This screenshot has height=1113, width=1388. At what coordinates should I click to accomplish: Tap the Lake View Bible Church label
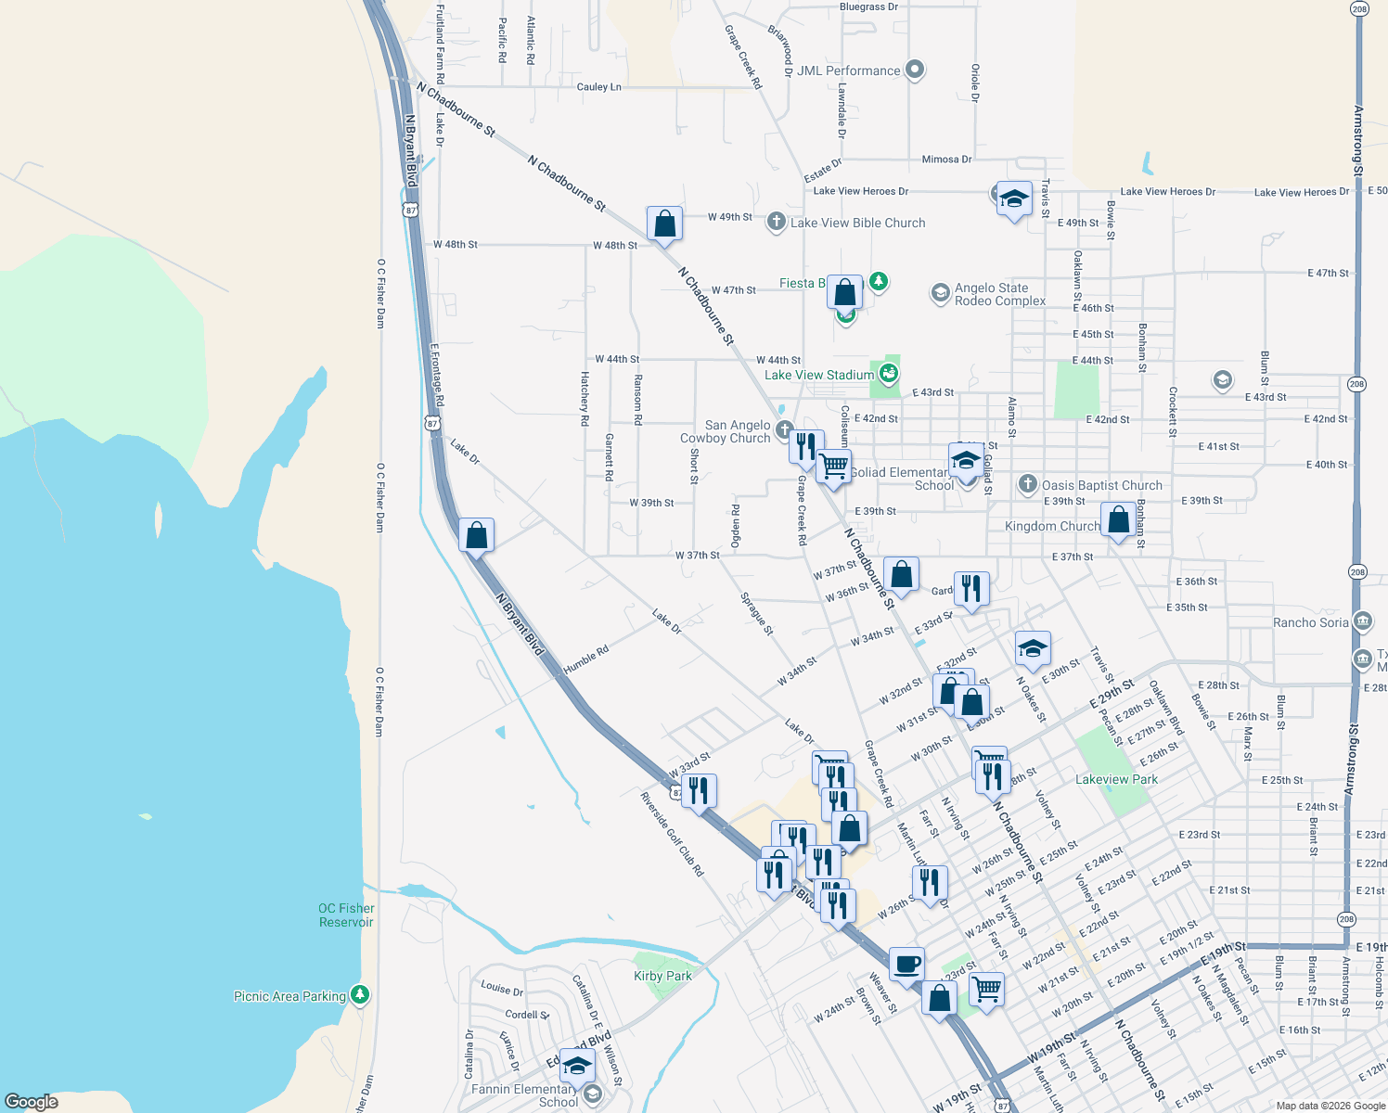click(857, 223)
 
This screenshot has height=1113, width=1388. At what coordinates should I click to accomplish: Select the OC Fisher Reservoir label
click(346, 915)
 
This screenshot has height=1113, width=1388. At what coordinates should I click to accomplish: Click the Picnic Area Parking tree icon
click(360, 995)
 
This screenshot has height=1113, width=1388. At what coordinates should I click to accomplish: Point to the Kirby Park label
click(662, 976)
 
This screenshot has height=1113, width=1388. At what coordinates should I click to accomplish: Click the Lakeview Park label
click(1116, 779)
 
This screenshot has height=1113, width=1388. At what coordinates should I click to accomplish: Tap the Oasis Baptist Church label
click(1101, 485)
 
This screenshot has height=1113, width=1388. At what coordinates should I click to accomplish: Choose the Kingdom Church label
click(1052, 526)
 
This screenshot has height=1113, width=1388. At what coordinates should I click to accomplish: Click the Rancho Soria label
click(1310, 622)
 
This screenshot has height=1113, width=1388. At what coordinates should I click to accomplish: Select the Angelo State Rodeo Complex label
click(999, 295)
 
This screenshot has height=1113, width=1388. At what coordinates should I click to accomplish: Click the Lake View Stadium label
click(819, 375)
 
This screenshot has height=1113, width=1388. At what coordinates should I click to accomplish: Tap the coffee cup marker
click(906, 965)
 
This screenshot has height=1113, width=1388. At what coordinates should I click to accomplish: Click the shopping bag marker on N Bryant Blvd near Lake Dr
click(476, 536)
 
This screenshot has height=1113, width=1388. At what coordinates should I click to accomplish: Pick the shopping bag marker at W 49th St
click(664, 224)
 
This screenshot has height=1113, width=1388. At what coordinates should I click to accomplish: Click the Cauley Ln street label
click(598, 87)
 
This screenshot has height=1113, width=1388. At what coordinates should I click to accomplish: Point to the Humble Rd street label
click(585, 659)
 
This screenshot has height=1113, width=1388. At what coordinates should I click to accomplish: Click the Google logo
click(32, 1101)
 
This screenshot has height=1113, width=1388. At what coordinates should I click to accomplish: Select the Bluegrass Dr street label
click(868, 7)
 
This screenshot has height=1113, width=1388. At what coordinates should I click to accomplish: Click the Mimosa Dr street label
click(946, 160)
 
